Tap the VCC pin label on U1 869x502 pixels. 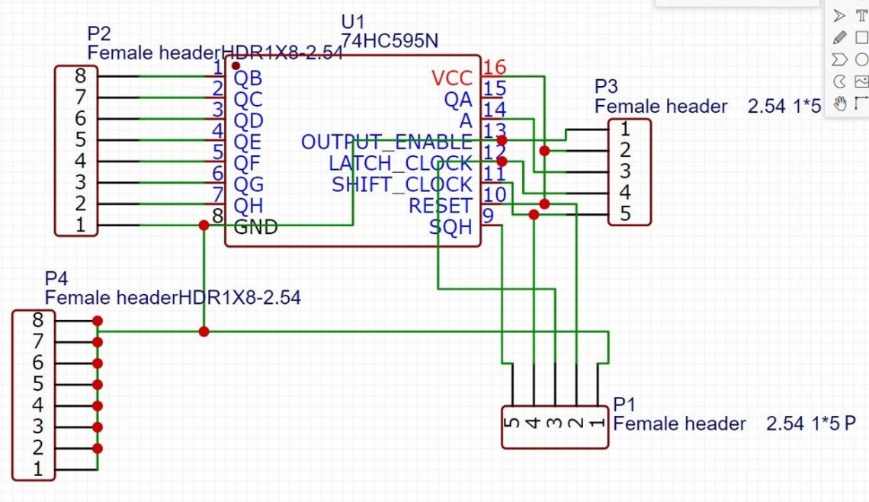[x=451, y=78]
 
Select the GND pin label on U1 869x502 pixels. [x=255, y=226]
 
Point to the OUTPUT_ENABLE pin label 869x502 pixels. [x=386, y=142]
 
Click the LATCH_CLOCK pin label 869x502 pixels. [x=400, y=163]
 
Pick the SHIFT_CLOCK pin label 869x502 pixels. [x=402, y=184]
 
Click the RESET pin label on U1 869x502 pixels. [x=440, y=206]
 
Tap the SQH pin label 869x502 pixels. [x=450, y=227]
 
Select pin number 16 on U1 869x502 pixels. [x=494, y=68]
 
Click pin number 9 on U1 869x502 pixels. [x=488, y=217]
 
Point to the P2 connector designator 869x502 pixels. [x=99, y=34]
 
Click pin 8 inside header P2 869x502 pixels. [x=81, y=76]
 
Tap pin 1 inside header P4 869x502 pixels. [x=37, y=469]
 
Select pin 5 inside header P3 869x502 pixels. [x=624, y=214]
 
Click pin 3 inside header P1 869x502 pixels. [x=554, y=420]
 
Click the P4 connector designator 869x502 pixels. [x=56, y=277]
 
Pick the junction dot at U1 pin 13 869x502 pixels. [x=502, y=141]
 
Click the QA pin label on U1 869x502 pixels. [x=458, y=99]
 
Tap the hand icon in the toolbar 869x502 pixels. [x=839, y=104]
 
